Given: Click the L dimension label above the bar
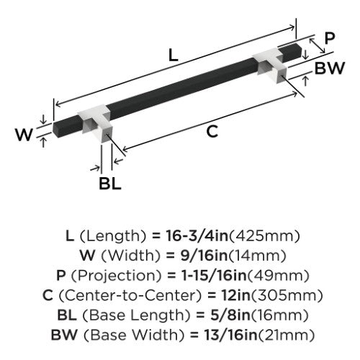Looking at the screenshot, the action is [x=174, y=55].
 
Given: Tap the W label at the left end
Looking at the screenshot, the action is [x=24, y=135].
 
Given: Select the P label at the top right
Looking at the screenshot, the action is [x=330, y=38].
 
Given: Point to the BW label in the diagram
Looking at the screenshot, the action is [x=330, y=68].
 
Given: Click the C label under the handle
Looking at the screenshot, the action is [x=212, y=131].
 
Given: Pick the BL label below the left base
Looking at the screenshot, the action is [x=110, y=184].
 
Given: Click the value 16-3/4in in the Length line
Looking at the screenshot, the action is [x=197, y=235].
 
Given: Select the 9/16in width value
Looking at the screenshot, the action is [x=204, y=256].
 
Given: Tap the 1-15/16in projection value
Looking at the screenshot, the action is [x=214, y=275].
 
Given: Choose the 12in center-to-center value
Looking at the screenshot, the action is [x=236, y=295].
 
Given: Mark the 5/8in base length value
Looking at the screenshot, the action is [x=230, y=315].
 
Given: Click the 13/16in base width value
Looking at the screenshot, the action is [x=230, y=335].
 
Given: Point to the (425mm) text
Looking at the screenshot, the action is [x=264, y=236].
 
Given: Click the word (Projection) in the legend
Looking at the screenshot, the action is [x=117, y=276].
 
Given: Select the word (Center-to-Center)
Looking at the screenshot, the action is [x=130, y=295].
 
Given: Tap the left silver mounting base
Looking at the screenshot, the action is [x=97, y=124].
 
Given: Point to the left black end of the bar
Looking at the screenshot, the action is [x=68, y=127].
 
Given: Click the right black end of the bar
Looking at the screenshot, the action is [x=291, y=53].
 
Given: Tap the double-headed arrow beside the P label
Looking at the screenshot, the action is [x=317, y=45].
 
